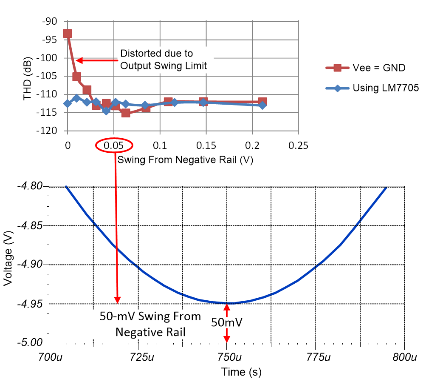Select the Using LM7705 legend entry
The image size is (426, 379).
[373, 88]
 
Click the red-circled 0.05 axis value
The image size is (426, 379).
[114, 145]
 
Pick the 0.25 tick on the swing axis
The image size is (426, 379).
[298, 145]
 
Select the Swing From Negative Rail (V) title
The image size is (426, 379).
[183, 160]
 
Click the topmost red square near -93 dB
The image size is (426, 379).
[68, 34]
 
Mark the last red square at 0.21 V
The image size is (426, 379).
[262, 102]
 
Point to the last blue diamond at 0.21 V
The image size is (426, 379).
[262, 105]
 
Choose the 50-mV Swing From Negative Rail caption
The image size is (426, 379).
[150, 324]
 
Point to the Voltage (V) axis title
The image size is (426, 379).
[8, 265]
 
